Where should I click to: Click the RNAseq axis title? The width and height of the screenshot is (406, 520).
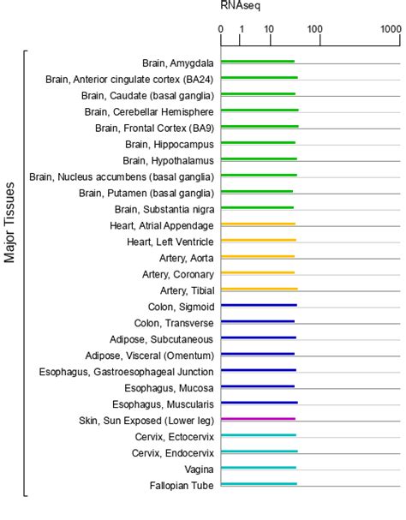click(241, 6)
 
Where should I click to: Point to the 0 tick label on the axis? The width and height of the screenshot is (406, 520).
click(221, 29)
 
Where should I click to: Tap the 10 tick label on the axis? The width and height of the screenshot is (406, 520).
click(269, 29)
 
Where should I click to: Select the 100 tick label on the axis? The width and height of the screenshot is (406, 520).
click(315, 29)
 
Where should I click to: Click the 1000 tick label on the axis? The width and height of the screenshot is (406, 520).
click(391, 29)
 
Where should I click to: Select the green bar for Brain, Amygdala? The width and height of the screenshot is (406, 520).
click(258, 62)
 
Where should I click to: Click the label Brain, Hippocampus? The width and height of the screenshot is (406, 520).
click(169, 144)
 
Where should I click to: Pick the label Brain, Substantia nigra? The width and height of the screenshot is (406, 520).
click(164, 209)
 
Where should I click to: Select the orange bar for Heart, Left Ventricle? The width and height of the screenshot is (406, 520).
click(258, 241)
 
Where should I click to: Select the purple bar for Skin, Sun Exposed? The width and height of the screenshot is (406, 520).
click(258, 420)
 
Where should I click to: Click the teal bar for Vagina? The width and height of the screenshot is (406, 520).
click(258, 469)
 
